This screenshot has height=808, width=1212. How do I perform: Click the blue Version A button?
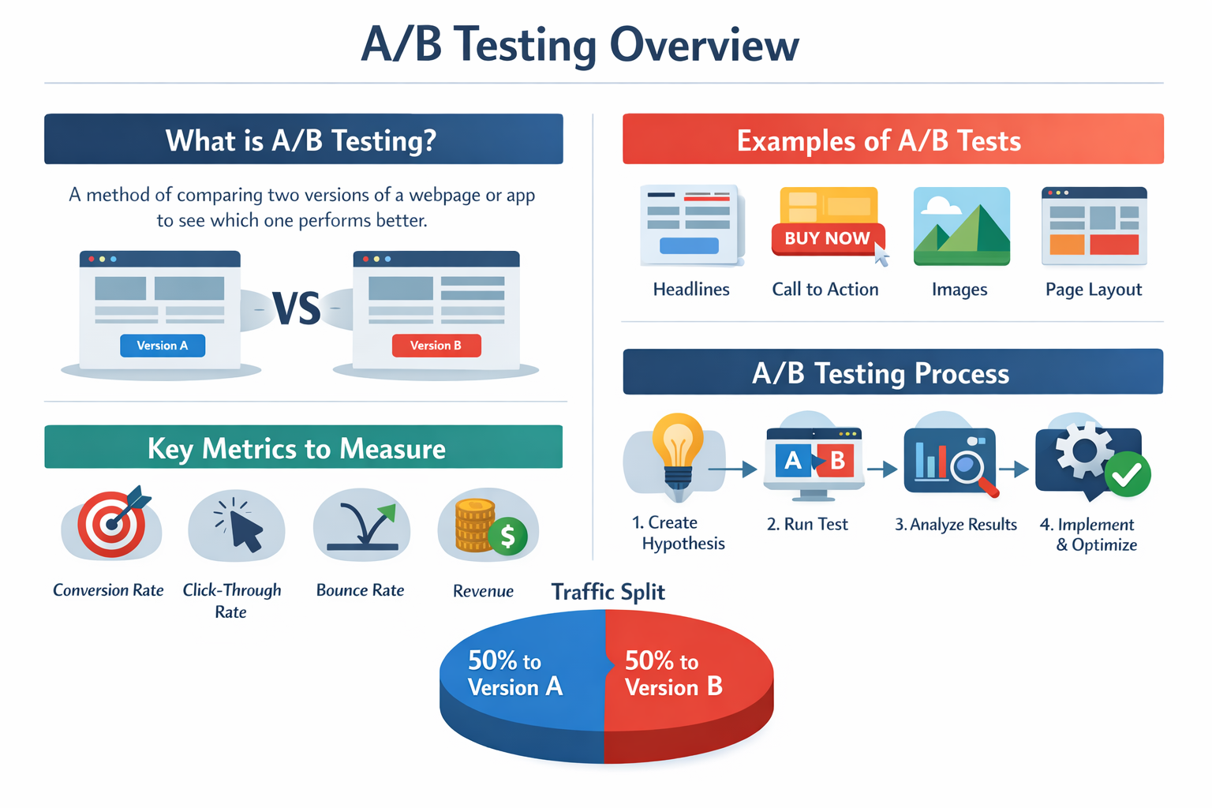[163, 346]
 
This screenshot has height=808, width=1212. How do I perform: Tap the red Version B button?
[436, 346]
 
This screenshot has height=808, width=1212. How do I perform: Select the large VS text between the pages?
[296, 309]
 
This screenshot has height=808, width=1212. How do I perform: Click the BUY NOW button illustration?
[827, 238]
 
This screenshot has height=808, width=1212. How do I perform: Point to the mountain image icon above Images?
[961, 226]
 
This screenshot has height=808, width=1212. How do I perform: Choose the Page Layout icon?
[1094, 226]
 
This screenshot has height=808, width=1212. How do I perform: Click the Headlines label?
[691, 290]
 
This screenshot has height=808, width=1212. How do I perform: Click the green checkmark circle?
[1128, 473]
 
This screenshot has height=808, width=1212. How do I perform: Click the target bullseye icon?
[112, 523]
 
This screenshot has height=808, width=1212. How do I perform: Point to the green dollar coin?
[507, 537]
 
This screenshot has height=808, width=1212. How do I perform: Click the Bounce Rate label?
[360, 590]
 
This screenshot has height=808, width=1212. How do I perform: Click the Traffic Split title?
[608, 592]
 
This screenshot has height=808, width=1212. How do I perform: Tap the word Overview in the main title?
[704, 45]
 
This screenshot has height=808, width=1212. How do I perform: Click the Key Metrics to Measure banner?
[303, 447]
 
